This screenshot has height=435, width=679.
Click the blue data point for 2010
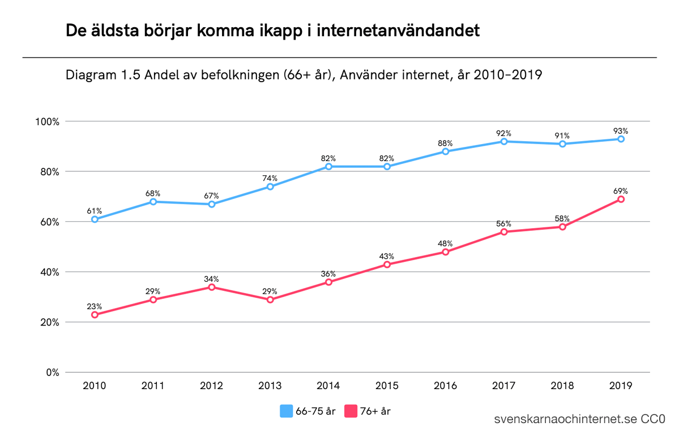tap(95, 219)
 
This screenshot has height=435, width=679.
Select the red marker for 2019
tap(621, 199)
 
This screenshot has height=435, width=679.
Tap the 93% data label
tap(621, 130)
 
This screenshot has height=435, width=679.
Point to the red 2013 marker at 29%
tap(270, 299)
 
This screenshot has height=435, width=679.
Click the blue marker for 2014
tap(328, 167)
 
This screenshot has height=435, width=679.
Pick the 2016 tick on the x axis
tap(445, 386)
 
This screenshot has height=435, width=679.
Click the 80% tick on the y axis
tap(48, 172)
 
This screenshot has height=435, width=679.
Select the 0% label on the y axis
tap(53, 373)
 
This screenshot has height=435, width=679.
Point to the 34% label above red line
tap(211, 278)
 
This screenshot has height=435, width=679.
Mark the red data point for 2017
tap(504, 232)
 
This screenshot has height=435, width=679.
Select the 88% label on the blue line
tap(445, 143)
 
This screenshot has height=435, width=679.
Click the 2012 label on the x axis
tap(211, 386)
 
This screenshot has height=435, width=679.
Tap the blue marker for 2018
tap(562, 144)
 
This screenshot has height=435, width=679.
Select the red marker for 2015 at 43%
tap(387, 264)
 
